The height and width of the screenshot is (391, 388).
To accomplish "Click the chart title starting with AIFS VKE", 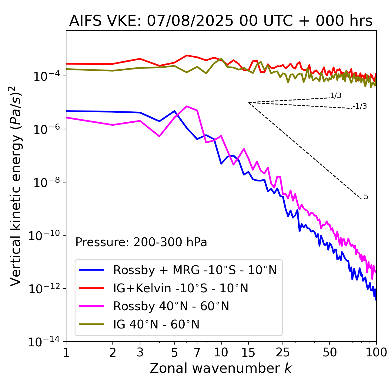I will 221,21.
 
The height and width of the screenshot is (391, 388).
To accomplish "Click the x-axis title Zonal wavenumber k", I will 221,369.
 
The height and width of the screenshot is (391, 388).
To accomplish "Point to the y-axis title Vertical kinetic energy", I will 16,186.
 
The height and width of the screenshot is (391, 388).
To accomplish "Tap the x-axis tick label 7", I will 197,353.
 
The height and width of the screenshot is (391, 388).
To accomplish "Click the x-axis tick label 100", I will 376,353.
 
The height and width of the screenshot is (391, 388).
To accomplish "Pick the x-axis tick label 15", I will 248,353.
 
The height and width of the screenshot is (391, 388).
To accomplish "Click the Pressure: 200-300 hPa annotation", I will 141,242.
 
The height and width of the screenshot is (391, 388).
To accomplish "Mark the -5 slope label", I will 365,197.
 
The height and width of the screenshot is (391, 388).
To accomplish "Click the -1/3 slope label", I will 360,106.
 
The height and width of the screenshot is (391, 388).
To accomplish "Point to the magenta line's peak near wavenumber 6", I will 187,106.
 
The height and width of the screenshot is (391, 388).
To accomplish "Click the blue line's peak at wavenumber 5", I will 174,111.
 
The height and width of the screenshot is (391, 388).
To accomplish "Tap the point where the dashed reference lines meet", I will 249,103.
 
